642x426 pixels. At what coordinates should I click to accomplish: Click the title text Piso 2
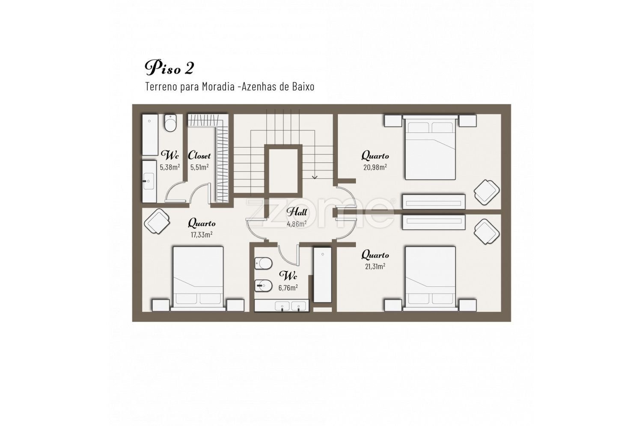click(x=169, y=68)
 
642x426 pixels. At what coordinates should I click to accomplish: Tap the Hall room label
click(x=297, y=212)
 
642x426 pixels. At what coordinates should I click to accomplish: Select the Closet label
click(x=199, y=155)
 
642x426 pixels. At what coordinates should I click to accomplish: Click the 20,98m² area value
click(x=375, y=167)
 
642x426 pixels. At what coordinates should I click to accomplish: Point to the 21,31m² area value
click(x=375, y=266)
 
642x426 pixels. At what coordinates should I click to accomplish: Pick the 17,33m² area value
click(x=202, y=234)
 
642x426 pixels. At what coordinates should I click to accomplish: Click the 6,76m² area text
click(x=288, y=287)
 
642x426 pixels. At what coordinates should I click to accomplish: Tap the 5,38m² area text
click(x=169, y=167)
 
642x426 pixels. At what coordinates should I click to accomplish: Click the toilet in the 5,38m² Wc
click(x=170, y=123)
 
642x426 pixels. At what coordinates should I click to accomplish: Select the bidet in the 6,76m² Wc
click(x=263, y=286)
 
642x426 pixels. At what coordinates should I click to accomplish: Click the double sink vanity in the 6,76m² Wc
click(x=282, y=306)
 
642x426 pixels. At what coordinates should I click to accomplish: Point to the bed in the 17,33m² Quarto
click(x=198, y=278)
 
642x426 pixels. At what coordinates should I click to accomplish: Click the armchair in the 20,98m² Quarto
click(x=486, y=192)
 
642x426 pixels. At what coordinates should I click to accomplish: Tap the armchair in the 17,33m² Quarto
click(x=157, y=221)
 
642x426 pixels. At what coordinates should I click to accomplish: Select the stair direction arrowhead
click(x=315, y=177)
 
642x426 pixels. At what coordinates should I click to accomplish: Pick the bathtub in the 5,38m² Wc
click(x=150, y=135)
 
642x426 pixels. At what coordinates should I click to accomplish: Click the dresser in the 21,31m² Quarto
click(x=434, y=222)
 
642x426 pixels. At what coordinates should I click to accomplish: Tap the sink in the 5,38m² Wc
click(x=149, y=181)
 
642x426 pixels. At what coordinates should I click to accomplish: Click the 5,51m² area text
click(x=199, y=167)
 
